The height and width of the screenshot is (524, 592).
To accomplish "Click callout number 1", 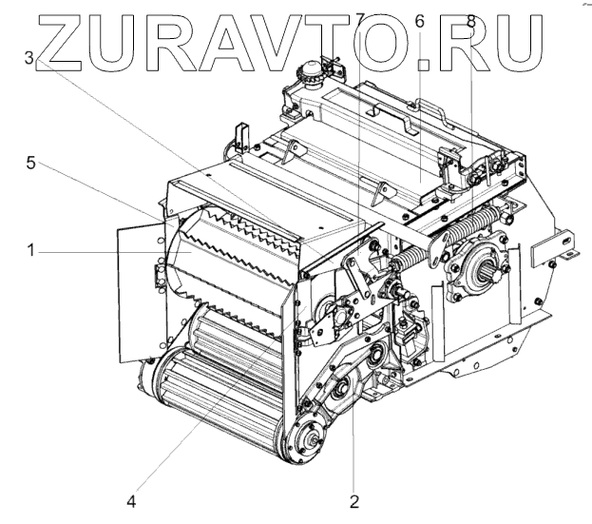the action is pos(31,251).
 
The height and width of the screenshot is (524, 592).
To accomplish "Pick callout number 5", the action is pos(31,163).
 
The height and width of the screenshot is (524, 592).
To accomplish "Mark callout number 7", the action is pos(359,18).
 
